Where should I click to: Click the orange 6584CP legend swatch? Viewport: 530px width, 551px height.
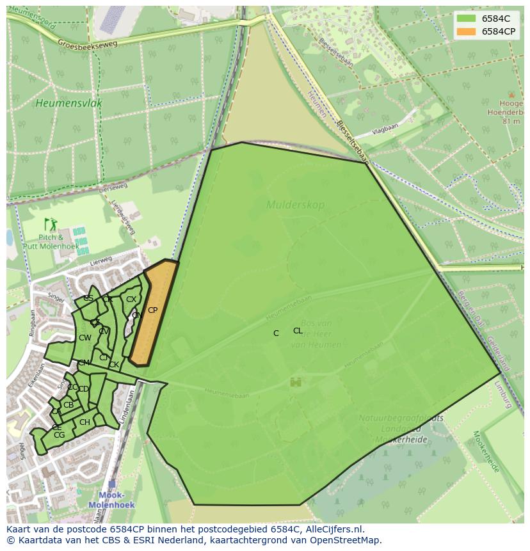(x=466, y=31)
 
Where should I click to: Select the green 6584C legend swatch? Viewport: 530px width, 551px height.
(x=466, y=19)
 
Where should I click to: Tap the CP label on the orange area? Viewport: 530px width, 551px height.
(x=152, y=310)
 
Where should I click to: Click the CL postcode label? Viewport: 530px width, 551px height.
(x=298, y=331)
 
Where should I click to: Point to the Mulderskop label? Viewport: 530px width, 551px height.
(x=295, y=205)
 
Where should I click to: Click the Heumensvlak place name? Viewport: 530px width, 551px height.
(x=69, y=103)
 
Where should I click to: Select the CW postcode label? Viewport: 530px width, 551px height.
(x=85, y=338)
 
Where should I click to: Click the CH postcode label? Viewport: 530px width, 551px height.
(x=84, y=422)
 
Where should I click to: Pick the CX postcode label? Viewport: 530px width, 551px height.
(x=131, y=299)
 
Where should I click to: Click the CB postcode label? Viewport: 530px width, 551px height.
(x=68, y=405)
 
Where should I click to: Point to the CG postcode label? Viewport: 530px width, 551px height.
(x=60, y=435)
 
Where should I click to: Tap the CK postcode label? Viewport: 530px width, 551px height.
(x=114, y=365)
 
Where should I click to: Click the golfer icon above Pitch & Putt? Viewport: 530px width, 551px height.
(x=51, y=225)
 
